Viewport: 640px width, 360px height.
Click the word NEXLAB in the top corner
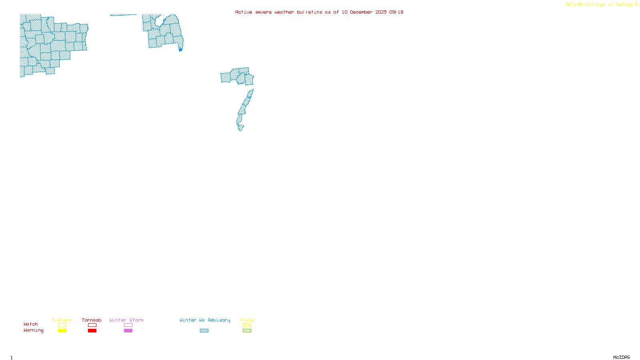click(x=575, y=5)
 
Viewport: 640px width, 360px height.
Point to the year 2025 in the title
click(x=381, y=12)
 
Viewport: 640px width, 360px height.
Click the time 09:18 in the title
click(x=396, y=12)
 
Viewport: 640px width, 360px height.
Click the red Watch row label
click(x=31, y=324)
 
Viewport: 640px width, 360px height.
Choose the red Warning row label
click(x=33, y=330)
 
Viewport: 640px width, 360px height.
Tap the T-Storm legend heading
click(x=62, y=320)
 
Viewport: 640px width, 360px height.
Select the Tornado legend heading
click(x=92, y=320)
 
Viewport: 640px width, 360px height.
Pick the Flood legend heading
click(x=247, y=320)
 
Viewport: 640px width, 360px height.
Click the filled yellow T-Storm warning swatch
click(x=62, y=331)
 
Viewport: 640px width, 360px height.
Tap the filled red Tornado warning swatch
click(x=92, y=331)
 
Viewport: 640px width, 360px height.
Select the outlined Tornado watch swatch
click(x=92, y=325)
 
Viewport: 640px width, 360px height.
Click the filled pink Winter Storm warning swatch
click(x=128, y=331)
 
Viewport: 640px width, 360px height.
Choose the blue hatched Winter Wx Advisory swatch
click(x=204, y=331)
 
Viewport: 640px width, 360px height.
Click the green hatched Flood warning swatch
click(x=247, y=331)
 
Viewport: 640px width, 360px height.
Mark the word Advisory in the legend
click(x=219, y=320)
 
